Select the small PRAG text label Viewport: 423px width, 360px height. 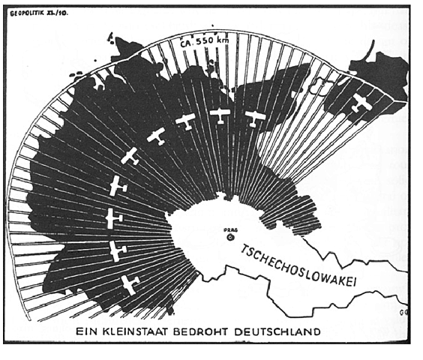(230, 228)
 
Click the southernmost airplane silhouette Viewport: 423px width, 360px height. (130, 284)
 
